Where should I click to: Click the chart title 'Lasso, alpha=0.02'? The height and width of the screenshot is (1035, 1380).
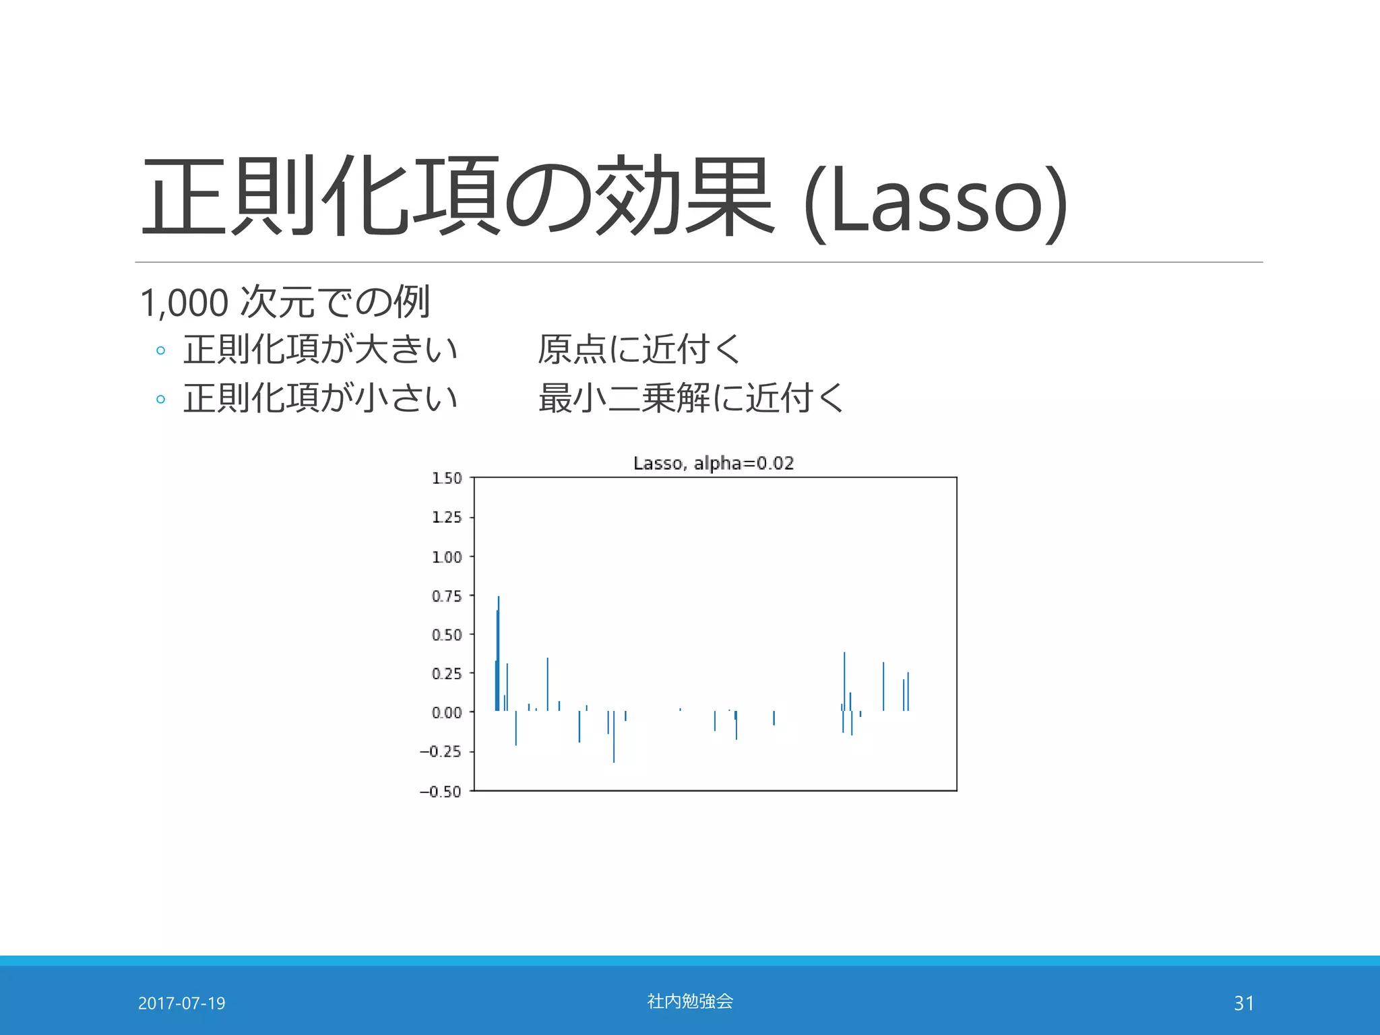click(714, 463)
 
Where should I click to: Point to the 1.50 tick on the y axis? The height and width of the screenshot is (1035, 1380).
click(447, 478)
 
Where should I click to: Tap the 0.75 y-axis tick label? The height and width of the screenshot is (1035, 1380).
click(447, 596)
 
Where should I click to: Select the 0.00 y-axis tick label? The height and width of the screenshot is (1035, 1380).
click(447, 713)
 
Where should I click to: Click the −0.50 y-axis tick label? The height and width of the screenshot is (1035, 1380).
click(441, 792)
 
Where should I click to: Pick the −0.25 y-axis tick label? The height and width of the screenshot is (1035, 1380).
click(441, 752)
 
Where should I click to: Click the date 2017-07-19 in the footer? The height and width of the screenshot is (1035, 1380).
click(181, 1003)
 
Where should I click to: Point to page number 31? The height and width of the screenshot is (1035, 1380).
click(1244, 1003)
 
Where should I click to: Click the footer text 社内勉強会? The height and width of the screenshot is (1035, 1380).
click(690, 1001)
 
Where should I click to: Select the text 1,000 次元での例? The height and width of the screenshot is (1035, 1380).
click(284, 303)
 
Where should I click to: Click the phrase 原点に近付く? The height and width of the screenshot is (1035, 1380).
click(639, 349)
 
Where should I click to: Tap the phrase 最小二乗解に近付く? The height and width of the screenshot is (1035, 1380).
click(691, 398)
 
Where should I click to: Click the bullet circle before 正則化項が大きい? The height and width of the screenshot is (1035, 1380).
click(160, 350)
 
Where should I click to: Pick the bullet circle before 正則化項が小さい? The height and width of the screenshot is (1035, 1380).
click(160, 399)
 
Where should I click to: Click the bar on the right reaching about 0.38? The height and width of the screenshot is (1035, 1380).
click(844, 681)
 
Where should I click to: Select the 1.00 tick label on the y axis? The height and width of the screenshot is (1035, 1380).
click(447, 557)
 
